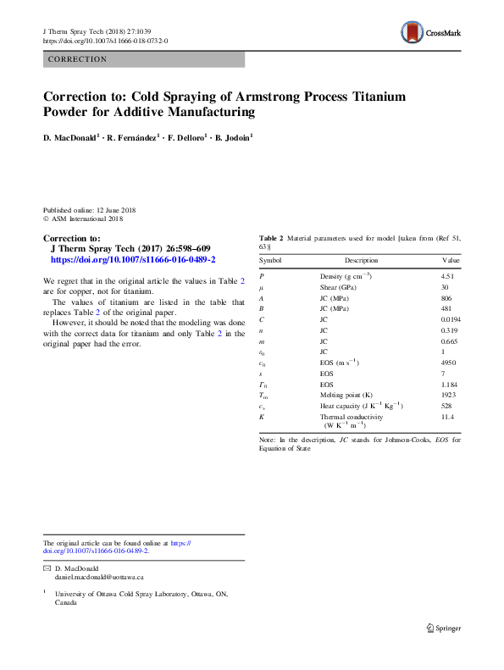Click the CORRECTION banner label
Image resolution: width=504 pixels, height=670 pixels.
pos(78,59)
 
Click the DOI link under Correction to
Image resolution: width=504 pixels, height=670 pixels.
pos(134,260)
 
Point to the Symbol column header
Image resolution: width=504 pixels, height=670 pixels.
pos(270,260)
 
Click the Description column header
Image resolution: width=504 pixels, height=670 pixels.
pos(361,260)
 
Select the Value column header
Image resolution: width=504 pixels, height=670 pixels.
pos(450,260)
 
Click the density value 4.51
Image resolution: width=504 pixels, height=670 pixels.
pos(448,276)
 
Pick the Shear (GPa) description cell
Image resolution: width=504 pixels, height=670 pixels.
pos(338,288)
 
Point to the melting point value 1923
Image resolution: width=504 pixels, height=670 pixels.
pos(448,395)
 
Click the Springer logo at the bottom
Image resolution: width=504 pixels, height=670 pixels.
pos(442,628)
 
